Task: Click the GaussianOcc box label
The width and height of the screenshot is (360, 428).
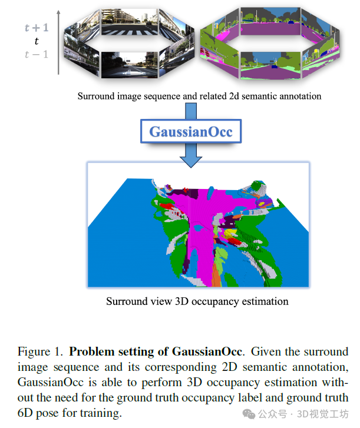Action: click(190, 131)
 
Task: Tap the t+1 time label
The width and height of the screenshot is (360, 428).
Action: click(35, 28)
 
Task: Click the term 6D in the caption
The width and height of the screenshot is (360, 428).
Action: click(25, 413)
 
